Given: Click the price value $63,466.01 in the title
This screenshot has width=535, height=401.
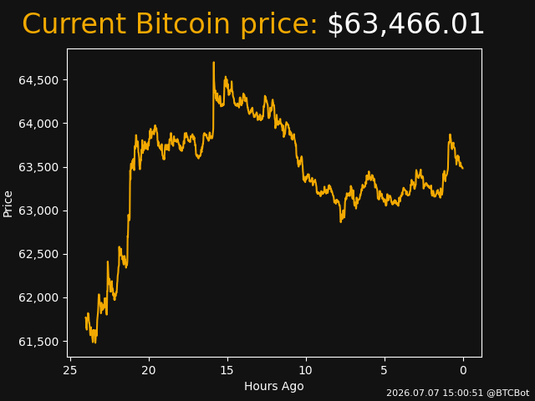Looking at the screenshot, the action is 405,24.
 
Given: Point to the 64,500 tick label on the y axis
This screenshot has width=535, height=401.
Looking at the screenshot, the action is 38,80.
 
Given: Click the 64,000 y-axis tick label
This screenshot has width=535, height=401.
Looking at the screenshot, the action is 38,124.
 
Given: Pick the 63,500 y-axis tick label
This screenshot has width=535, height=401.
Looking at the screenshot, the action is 38,167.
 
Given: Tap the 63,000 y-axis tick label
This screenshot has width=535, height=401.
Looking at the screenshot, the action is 38,211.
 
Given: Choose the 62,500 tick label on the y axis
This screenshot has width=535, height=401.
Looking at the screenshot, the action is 38,254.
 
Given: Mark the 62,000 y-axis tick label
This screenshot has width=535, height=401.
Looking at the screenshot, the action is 38,298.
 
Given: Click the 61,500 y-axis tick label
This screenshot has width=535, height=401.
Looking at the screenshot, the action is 38,342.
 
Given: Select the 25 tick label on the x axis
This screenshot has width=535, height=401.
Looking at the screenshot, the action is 70,370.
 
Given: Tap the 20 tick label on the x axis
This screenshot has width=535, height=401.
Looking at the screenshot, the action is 149,370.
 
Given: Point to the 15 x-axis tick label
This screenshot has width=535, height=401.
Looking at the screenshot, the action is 227,370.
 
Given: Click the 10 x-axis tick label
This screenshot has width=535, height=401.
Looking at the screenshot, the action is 306,370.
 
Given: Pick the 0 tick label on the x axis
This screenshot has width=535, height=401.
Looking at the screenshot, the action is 463,370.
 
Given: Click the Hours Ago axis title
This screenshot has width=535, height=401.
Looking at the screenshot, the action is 274,386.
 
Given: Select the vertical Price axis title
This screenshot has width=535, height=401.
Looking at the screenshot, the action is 8,204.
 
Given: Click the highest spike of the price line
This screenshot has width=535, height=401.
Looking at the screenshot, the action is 214,63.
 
